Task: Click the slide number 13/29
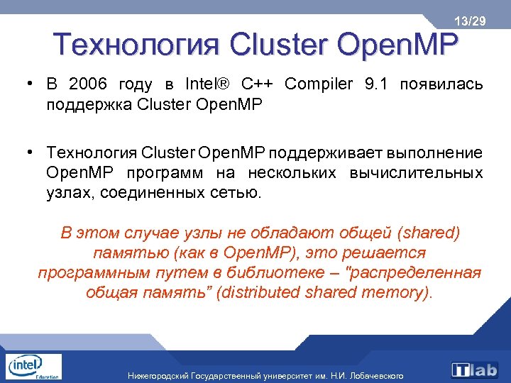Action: pyautogui.click(x=471, y=22)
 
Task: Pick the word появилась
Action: pyautogui.click(x=441, y=85)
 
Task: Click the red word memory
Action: pyautogui.click(x=393, y=293)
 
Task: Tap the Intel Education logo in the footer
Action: pyautogui.click(x=33, y=367)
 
